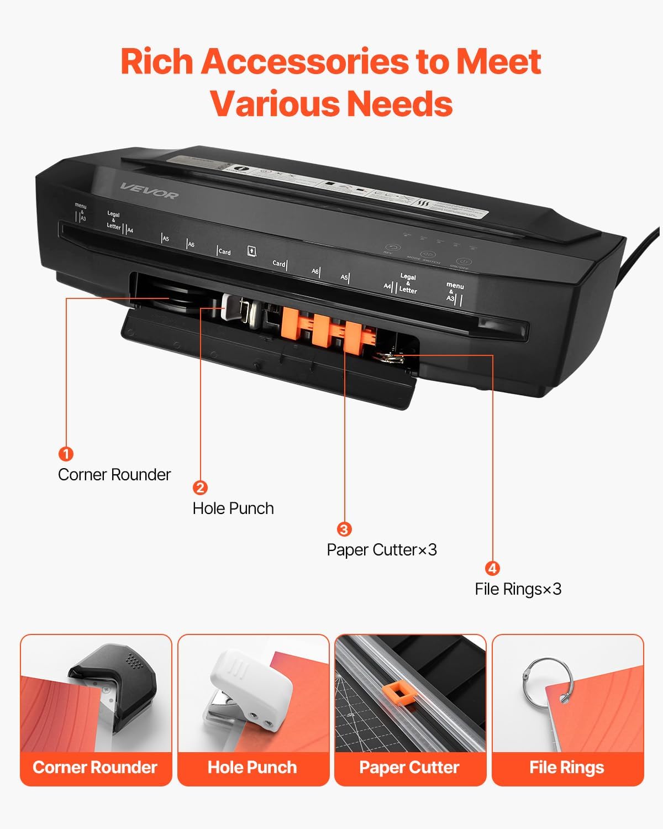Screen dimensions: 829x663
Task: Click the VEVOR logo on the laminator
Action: (149, 191)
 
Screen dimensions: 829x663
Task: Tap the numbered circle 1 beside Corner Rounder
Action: (66, 454)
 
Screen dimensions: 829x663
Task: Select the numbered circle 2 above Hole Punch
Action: (200, 487)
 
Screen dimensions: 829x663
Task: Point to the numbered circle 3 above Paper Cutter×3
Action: (344, 529)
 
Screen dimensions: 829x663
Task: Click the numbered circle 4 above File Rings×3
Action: (492, 568)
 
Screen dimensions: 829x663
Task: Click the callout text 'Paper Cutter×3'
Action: (382, 550)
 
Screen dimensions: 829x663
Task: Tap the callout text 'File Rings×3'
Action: (518, 589)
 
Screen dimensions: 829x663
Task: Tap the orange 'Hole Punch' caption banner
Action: (252, 768)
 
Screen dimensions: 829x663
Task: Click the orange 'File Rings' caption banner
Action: (567, 768)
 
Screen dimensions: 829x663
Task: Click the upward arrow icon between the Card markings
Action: (251, 250)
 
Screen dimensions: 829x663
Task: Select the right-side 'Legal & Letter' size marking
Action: (408, 283)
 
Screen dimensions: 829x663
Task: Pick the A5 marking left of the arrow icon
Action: (165, 239)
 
